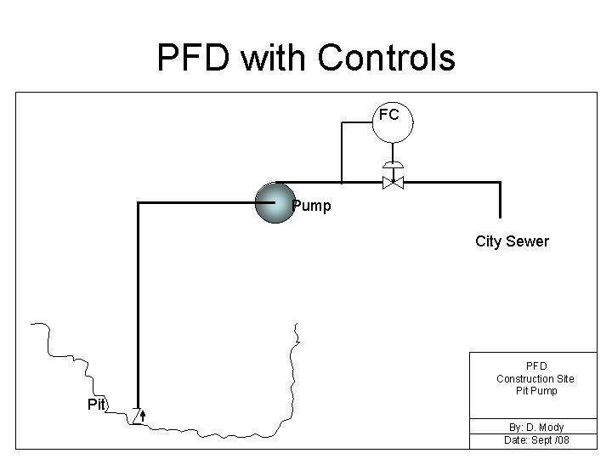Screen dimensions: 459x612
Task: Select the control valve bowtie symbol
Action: (x=392, y=183)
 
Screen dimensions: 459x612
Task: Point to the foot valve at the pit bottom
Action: (x=139, y=415)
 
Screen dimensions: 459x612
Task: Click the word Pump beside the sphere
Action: (x=311, y=206)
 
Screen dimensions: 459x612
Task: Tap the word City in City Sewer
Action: (x=488, y=241)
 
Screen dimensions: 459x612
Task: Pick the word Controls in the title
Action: (x=387, y=58)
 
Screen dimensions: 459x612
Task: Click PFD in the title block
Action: (x=535, y=366)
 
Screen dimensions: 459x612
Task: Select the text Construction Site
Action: (x=535, y=378)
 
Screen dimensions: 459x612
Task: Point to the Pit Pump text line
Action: (x=535, y=390)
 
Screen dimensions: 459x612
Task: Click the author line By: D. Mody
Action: (x=535, y=427)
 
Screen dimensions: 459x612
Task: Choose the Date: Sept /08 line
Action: (x=535, y=439)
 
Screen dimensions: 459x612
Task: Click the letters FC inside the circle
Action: (x=389, y=115)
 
